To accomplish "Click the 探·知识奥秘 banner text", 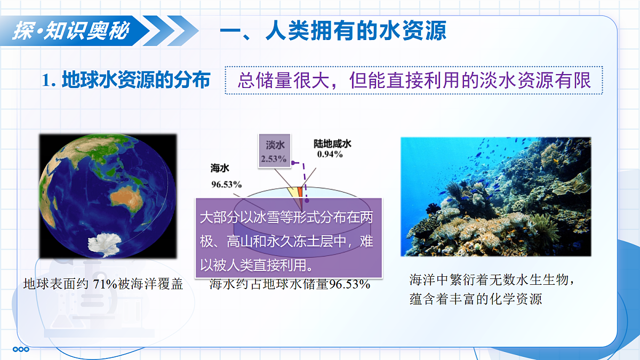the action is [x=71, y=30].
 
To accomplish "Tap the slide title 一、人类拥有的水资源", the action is [x=333, y=30].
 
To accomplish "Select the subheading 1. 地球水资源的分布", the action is [x=126, y=79].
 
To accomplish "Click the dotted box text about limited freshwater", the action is [x=414, y=81].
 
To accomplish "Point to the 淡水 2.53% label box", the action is [x=275, y=150].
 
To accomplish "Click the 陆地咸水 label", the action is [x=332, y=143].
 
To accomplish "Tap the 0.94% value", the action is [x=330, y=154].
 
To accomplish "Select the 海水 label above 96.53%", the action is [x=220, y=168].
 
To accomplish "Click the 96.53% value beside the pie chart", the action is [x=227, y=185].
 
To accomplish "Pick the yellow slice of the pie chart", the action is [x=293, y=193].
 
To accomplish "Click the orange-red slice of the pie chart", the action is [x=300, y=192].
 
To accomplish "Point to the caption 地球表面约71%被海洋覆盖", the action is [x=103, y=284].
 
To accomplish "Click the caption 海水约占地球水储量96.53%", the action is [x=290, y=284].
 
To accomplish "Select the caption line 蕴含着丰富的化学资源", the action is [x=476, y=299].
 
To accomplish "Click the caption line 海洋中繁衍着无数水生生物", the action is [x=491, y=279].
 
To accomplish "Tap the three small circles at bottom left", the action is [x=21, y=349].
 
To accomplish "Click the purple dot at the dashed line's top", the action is [x=293, y=163].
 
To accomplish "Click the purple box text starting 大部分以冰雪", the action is [x=286, y=241].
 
